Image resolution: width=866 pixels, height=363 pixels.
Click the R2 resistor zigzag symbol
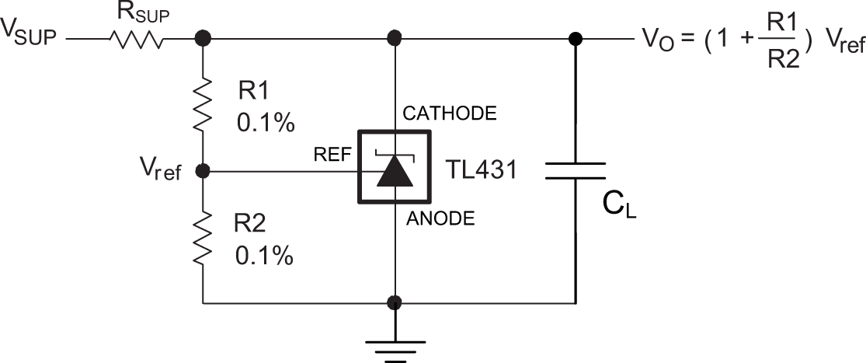coord(203,239)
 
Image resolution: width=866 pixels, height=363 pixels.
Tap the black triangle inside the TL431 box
coord(396,173)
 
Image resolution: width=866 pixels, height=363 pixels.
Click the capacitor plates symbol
coord(576,171)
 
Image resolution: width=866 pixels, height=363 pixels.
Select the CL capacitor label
coord(619,205)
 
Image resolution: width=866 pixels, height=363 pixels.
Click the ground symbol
coord(396,345)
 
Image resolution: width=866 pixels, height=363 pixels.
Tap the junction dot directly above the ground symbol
coord(396,302)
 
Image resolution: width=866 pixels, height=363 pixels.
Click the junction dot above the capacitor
coord(576,37)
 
